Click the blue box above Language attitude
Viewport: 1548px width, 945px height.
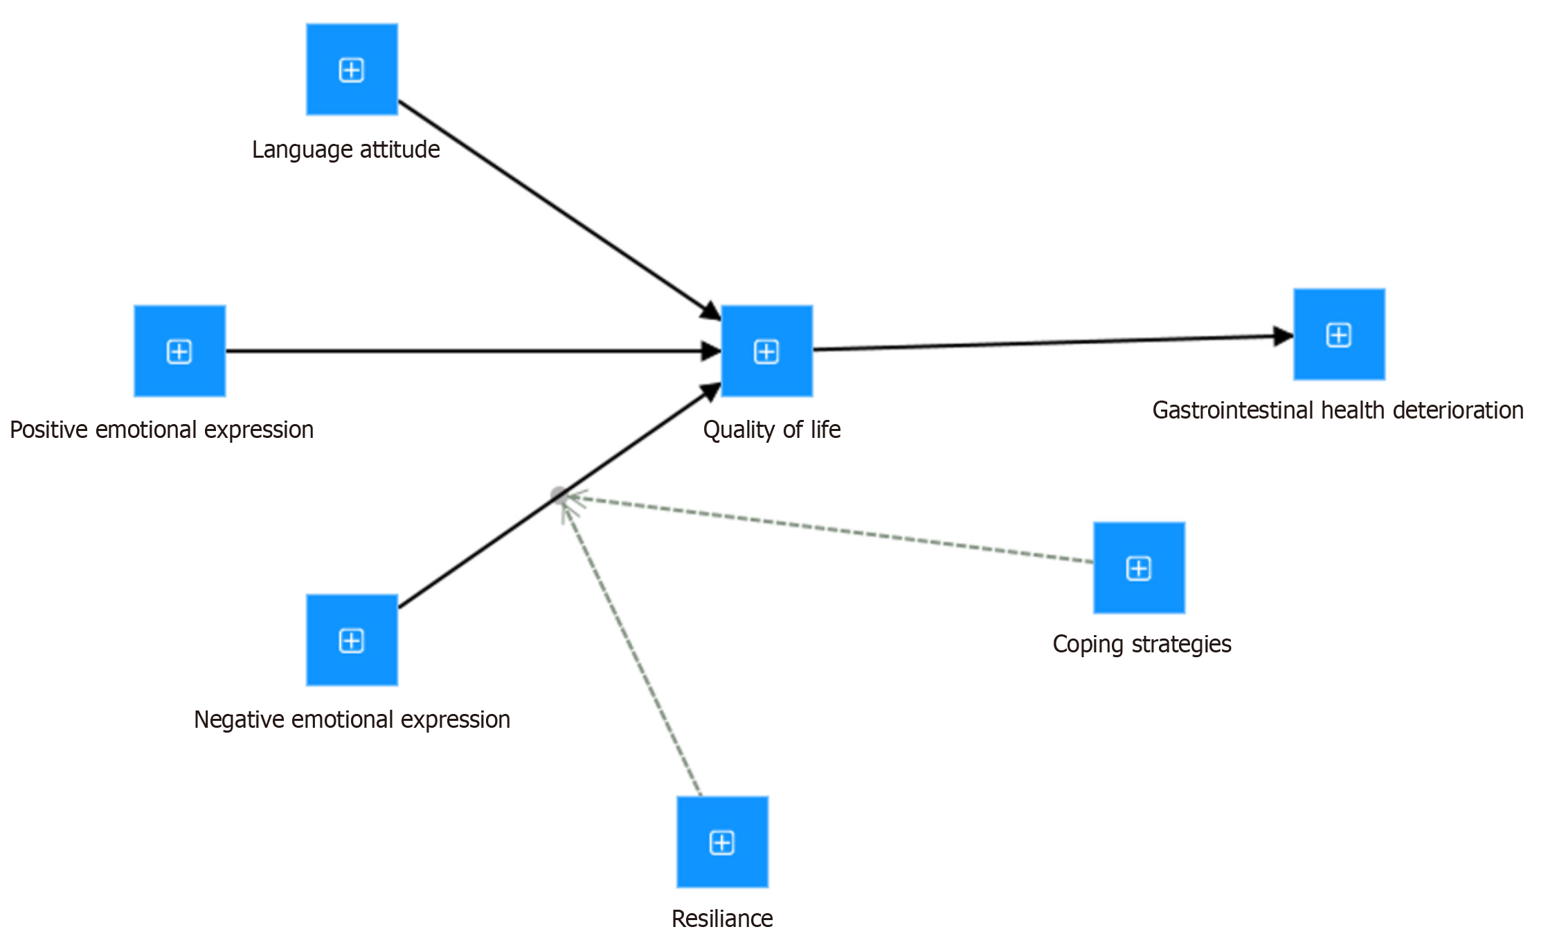[x=352, y=69]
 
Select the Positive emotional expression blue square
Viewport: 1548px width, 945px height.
[x=179, y=351]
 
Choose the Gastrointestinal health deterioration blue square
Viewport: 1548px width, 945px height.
[x=1339, y=334]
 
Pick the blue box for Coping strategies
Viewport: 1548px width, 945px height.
[x=1139, y=567]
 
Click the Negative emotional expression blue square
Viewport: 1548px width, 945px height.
[x=352, y=640]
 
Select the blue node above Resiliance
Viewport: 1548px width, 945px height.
[x=722, y=842]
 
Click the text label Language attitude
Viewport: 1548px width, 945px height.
[x=345, y=149]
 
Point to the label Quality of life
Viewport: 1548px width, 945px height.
[x=771, y=430]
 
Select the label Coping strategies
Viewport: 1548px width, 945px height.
[x=1142, y=644]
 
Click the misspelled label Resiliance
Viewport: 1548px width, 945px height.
[x=722, y=919]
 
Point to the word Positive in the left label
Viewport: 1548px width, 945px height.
[x=49, y=430]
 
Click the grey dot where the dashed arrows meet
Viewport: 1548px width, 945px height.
[x=558, y=494]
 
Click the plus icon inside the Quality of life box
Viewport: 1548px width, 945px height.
[x=766, y=351]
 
